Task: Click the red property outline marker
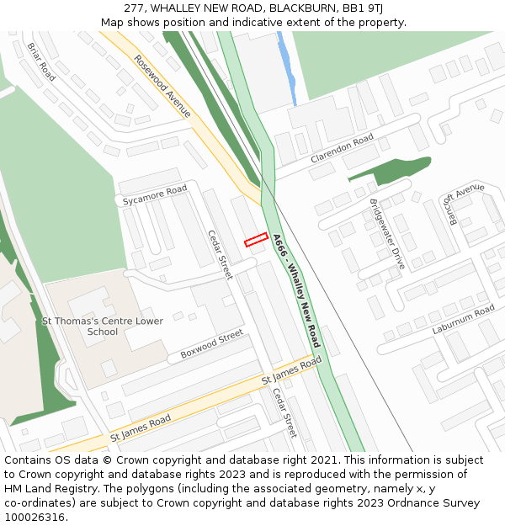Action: [x=256, y=240]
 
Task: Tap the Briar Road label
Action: [x=40, y=62]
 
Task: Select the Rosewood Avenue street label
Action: [x=162, y=87]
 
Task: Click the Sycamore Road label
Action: [x=154, y=196]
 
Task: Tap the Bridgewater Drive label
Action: [x=386, y=233]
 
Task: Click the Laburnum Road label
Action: [x=464, y=321]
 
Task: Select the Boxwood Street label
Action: [x=211, y=344]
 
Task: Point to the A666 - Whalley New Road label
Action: [x=296, y=290]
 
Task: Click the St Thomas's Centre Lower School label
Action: [x=103, y=326]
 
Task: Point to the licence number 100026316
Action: [x=36, y=518]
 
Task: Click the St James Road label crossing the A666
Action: [x=291, y=369]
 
